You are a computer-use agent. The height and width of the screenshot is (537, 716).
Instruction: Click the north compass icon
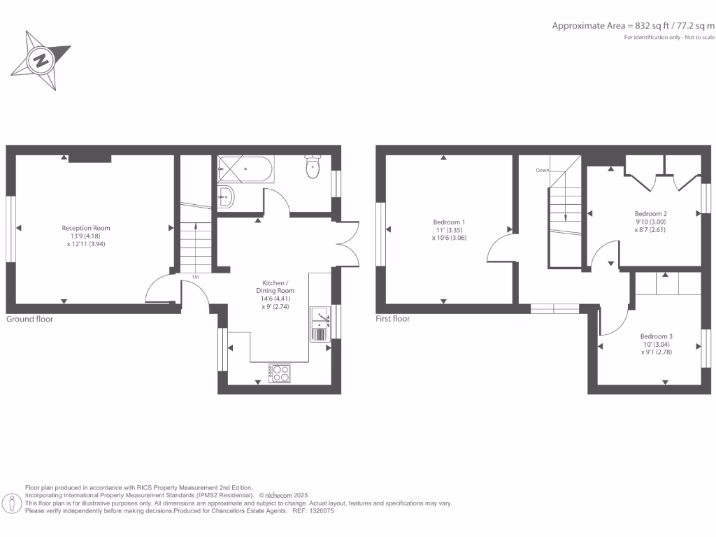point(42,60)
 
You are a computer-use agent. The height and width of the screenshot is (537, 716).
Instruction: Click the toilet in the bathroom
point(313,167)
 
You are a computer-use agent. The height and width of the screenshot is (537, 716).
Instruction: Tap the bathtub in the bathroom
point(245,169)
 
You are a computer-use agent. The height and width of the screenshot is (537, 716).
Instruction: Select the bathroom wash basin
point(226,197)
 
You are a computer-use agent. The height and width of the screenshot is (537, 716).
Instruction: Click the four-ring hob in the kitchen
point(280,373)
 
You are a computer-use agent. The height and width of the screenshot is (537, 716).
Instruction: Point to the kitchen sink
point(321,323)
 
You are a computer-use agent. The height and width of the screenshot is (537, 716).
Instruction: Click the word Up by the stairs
point(196,276)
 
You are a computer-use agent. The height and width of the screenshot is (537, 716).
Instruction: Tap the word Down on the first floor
point(542,170)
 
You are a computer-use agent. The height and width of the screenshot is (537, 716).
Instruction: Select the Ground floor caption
point(30,319)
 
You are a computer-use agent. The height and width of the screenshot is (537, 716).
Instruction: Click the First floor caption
point(393,319)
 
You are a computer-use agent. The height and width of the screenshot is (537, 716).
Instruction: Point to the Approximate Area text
point(633,26)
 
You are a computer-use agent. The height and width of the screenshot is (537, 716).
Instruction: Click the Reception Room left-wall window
point(11,229)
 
